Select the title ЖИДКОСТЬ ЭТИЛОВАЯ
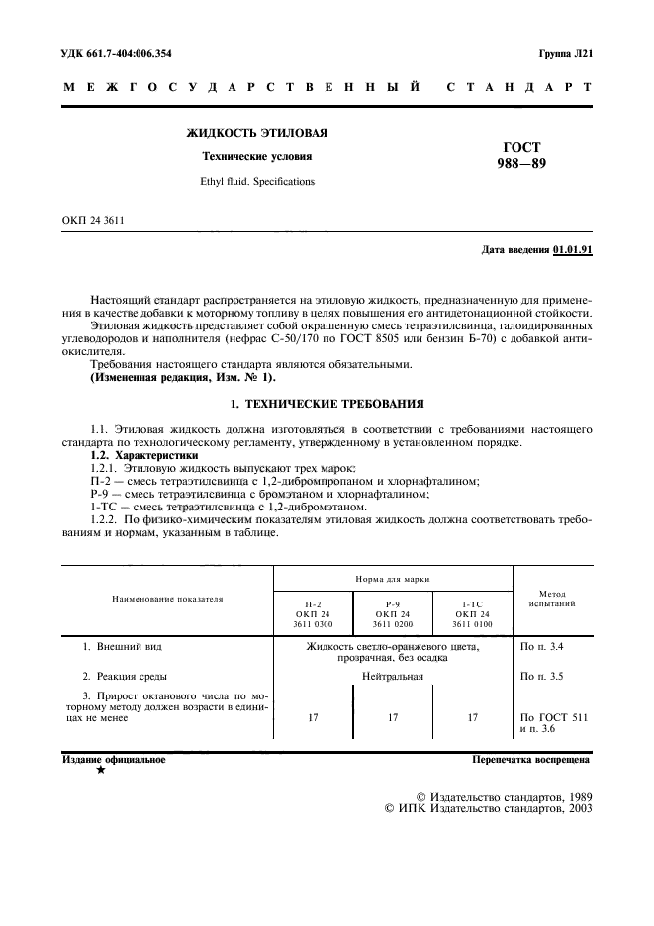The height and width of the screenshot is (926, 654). pos(257,132)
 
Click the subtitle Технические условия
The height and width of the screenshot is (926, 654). pos(256,156)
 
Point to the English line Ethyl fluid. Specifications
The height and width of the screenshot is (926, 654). pos(256,182)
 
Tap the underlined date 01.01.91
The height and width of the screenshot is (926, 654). pos(573,249)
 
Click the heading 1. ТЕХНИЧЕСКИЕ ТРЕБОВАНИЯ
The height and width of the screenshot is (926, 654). pos(327,404)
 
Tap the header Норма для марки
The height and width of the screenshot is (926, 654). pos(393,578)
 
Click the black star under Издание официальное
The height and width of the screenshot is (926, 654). pos(100,771)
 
